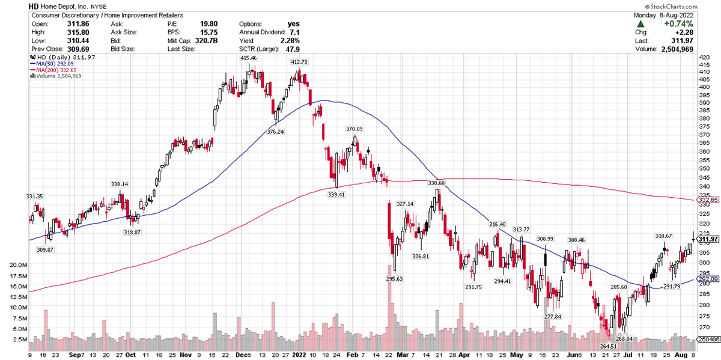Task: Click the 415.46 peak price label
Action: click(248, 58)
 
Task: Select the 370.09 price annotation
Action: click(354, 129)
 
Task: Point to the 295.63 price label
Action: click(394, 279)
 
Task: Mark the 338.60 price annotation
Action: click(436, 183)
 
